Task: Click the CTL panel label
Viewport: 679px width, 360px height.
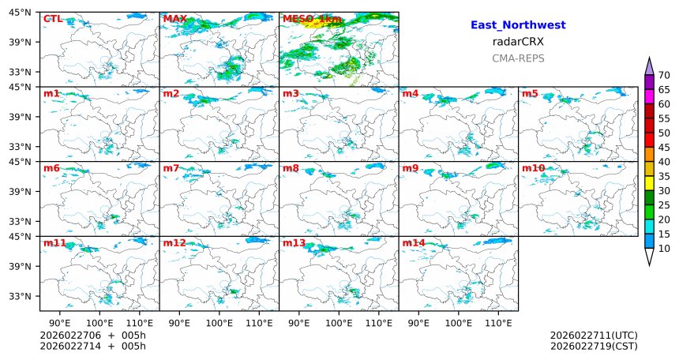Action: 53,18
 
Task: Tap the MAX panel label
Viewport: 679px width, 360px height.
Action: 174,18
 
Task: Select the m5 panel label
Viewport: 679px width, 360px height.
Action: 530,94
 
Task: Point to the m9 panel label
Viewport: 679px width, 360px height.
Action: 410,168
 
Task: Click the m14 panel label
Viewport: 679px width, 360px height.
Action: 414,243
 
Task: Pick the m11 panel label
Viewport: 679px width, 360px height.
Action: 54,243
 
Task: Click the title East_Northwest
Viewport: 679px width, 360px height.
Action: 518,25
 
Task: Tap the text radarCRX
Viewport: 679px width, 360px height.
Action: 518,42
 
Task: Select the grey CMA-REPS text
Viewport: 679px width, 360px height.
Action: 518,58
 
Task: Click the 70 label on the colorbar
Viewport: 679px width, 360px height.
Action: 664,75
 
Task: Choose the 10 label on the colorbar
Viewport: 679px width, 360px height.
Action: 664,249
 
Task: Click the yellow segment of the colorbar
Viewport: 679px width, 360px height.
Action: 649,183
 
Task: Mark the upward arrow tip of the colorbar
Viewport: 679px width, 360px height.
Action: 649,59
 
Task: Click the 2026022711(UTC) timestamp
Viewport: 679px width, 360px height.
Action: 593,336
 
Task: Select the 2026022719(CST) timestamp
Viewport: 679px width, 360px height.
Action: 593,346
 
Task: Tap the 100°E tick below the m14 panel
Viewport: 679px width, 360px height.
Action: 459,322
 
